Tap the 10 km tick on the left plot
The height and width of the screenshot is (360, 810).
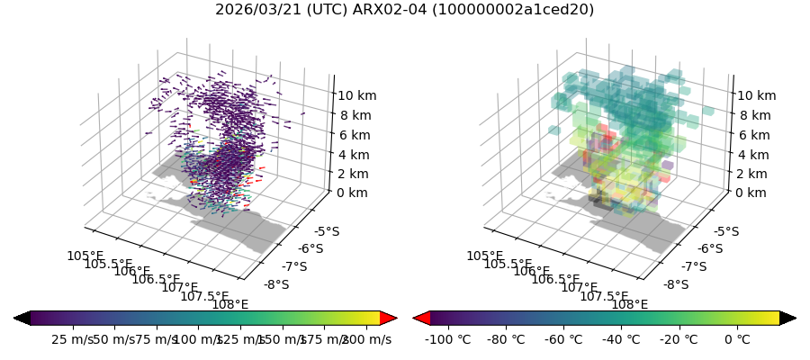[356, 95]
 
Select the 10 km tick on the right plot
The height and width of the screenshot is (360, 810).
[756, 95]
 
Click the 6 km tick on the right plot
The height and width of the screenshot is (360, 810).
[752, 135]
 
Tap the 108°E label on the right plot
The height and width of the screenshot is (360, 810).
[630, 304]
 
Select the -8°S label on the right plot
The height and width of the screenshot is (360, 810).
[675, 285]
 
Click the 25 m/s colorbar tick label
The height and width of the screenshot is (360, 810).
[72, 339]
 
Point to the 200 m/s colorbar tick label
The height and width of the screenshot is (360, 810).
[367, 339]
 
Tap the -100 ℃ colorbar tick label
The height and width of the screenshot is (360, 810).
[450, 339]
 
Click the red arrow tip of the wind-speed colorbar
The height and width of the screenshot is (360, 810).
[390, 318]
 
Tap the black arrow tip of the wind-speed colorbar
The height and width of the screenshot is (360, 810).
[21, 318]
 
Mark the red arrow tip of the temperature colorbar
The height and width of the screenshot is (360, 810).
[420, 318]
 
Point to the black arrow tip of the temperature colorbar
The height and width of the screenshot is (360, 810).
[788, 318]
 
